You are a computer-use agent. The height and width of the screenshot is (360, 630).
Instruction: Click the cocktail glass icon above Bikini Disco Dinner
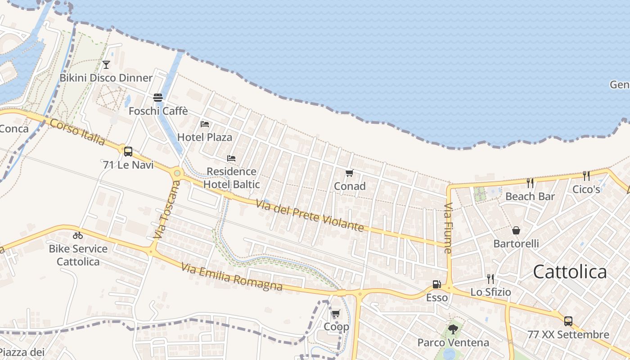click(x=106, y=65)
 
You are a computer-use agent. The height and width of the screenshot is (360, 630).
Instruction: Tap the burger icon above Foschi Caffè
click(x=157, y=97)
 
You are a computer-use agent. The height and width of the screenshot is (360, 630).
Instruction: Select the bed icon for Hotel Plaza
click(x=205, y=124)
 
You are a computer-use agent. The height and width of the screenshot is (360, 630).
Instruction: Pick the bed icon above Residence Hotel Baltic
click(x=231, y=158)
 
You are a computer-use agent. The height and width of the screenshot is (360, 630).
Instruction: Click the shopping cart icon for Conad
click(x=349, y=173)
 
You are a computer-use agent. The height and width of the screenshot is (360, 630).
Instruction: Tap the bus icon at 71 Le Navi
click(x=128, y=151)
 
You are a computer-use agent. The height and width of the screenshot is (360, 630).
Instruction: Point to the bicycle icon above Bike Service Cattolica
click(x=78, y=235)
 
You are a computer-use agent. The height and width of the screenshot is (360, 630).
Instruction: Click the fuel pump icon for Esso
click(x=436, y=284)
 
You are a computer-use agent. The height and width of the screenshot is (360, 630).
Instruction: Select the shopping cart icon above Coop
click(x=336, y=314)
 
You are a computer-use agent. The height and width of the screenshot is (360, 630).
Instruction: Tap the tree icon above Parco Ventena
click(x=453, y=329)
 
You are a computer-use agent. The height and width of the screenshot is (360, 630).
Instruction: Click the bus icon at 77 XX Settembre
click(x=568, y=321)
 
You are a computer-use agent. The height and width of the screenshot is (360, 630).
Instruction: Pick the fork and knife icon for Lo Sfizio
click(x=490, y=279)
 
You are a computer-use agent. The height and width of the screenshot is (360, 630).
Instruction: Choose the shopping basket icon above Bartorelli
click(x=516, y=230)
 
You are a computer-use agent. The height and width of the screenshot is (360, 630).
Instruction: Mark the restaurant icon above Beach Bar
click(x=530, y=183)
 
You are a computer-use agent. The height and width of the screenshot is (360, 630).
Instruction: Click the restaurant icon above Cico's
click(x=586, y=176)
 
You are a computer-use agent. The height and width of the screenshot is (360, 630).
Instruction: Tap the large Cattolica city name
click(x=570, y=272)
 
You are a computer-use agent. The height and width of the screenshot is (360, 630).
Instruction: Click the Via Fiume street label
click(x=448, y=228)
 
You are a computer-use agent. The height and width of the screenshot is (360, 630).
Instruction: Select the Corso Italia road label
click(x=77, y=132)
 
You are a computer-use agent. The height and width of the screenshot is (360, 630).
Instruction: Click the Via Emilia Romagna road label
click(x=232, y=277)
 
